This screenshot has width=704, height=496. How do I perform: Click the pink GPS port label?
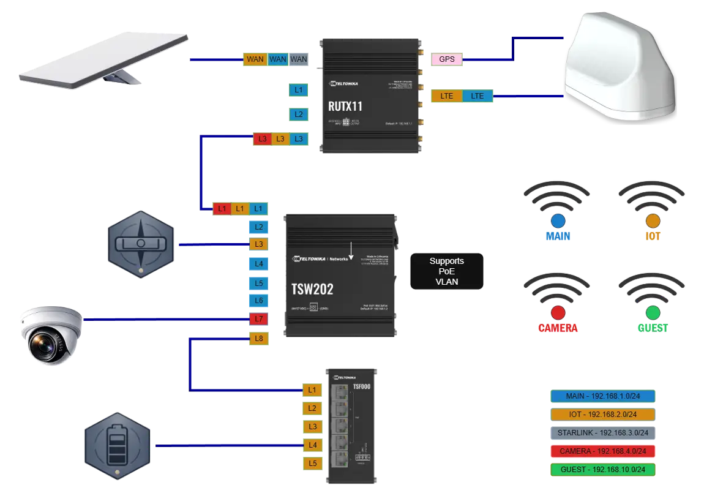446,59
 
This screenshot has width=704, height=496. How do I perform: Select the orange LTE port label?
446,96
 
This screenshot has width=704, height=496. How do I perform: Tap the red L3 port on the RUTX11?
262,139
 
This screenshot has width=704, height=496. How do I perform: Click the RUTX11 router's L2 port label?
298,114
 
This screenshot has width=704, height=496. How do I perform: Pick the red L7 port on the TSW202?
258,319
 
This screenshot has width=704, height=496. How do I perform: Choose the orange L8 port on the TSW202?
258,339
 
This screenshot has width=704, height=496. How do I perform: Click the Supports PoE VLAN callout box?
446,271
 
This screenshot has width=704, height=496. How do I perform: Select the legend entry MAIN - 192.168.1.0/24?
602,396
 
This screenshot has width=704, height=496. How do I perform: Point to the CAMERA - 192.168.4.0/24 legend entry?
602,451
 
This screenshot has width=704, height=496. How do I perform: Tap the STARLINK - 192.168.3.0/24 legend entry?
602,433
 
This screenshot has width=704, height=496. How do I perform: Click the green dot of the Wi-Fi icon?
653,313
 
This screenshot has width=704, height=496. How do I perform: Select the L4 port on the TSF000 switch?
312,445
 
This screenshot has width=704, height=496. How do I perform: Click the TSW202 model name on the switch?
313,289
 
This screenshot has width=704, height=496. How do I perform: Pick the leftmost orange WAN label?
255,59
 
